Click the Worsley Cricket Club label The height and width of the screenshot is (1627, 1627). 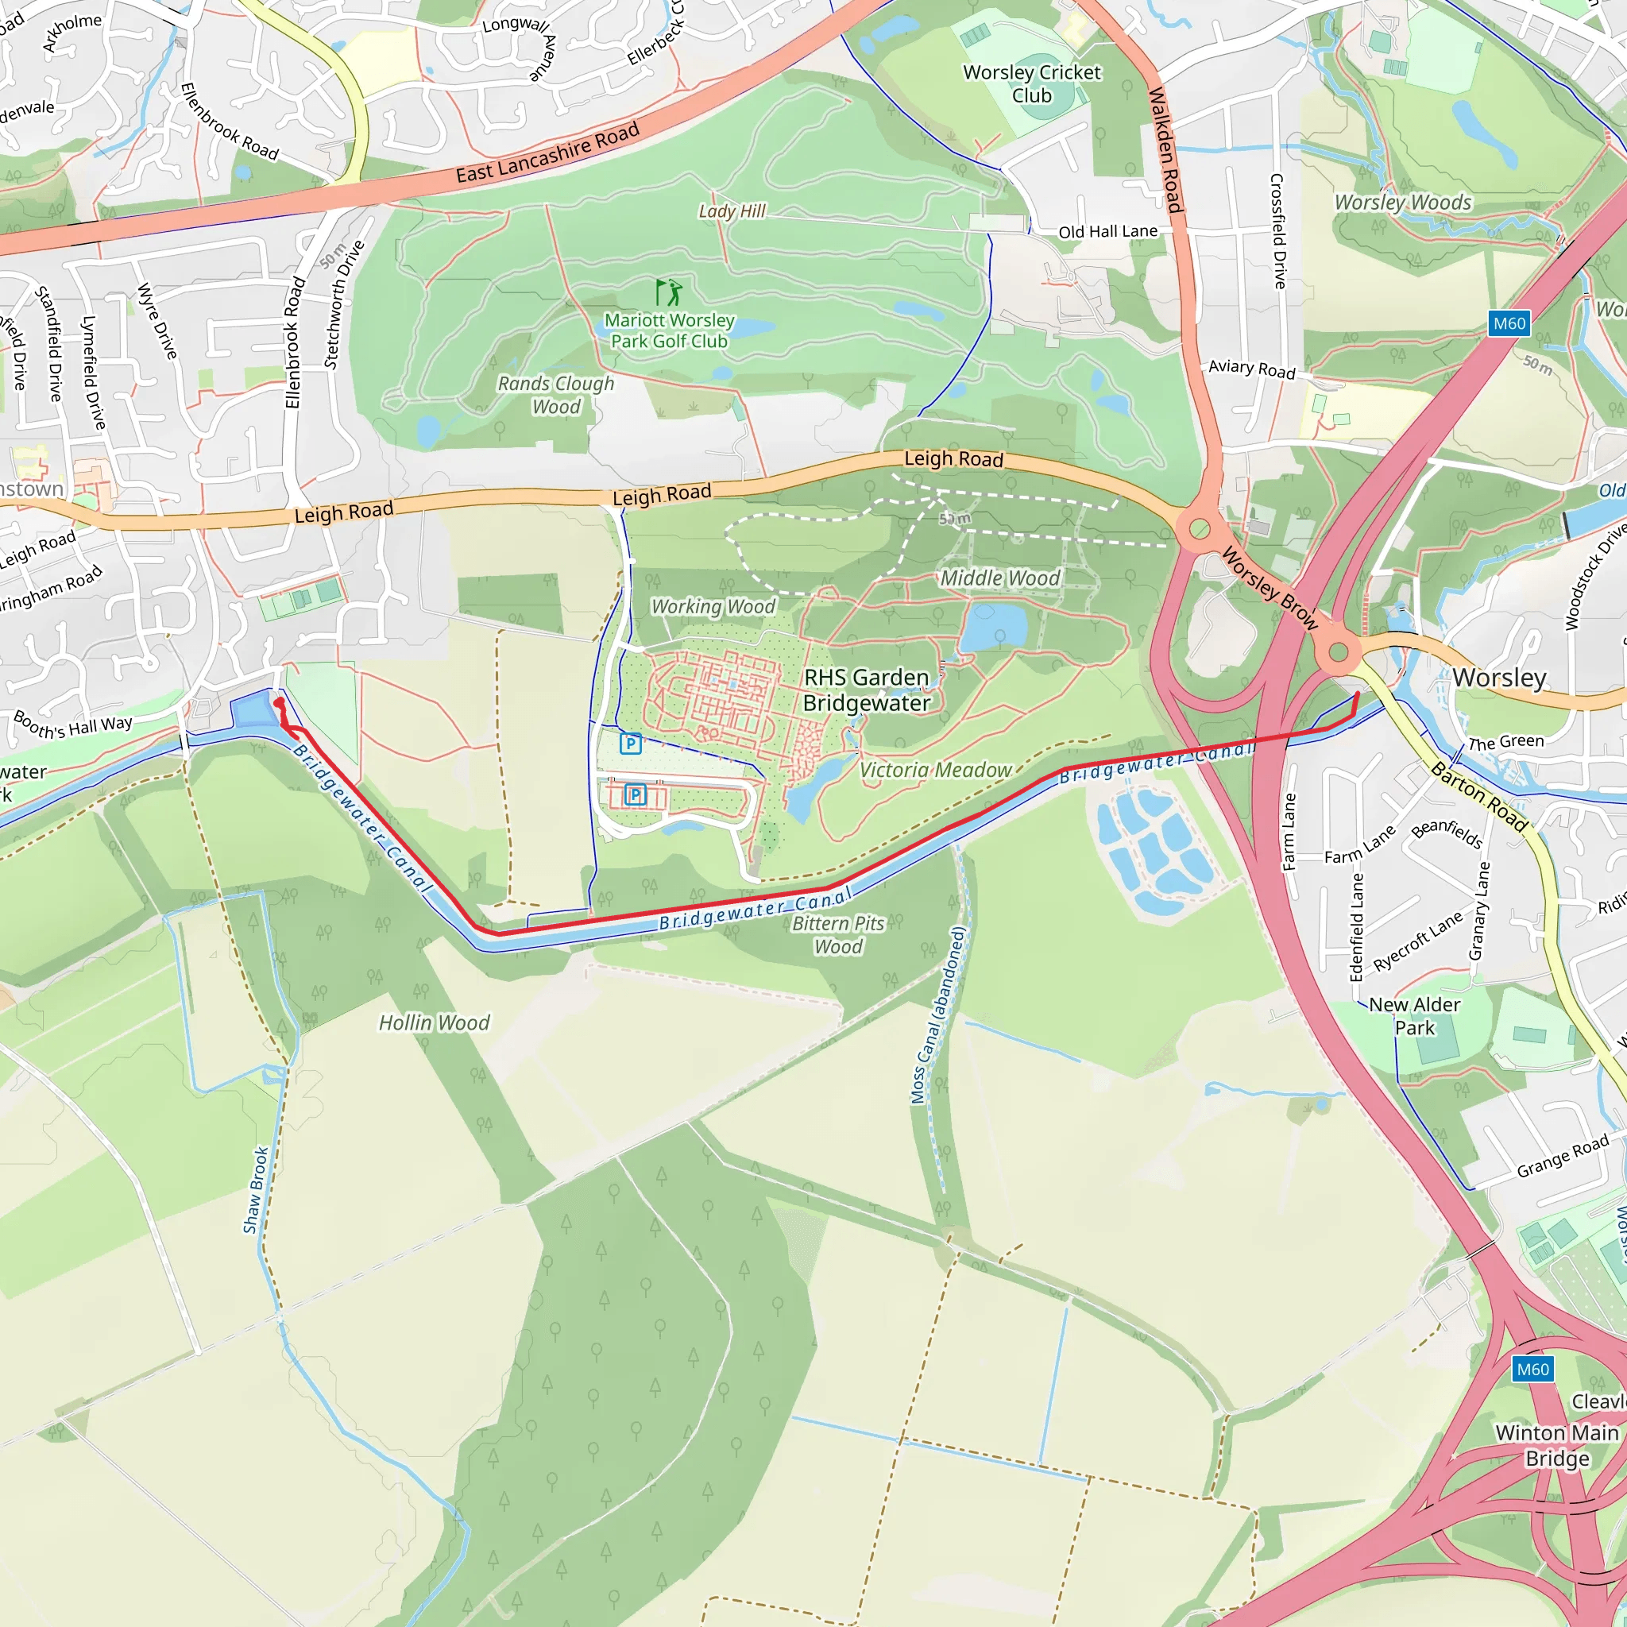(1032, 83)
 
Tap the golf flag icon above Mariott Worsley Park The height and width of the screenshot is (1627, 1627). (669, 292)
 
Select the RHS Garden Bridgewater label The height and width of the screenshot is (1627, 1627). (867, 690)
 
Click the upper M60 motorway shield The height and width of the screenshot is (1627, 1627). (1509, 323)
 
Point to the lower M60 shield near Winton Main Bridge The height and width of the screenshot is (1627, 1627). (1532, 1370)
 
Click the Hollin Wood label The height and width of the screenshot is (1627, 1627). (434, 1022)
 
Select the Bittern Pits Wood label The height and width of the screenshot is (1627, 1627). (839, 935)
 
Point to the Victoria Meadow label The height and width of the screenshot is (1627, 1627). (936, 770)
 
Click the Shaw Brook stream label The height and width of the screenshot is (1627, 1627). (255, 1190)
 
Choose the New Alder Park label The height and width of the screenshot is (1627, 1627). (1415, 1015)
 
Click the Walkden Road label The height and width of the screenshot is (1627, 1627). (1165, 149)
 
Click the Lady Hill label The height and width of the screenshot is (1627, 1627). (732, 211)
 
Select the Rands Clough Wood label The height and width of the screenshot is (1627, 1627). (556, 395)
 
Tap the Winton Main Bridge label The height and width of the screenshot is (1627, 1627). (1557, 1445)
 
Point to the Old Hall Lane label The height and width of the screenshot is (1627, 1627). (1107, 232)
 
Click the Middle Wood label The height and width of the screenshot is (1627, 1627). (999, 578)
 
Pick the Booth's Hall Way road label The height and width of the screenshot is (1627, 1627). (73, 725)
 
